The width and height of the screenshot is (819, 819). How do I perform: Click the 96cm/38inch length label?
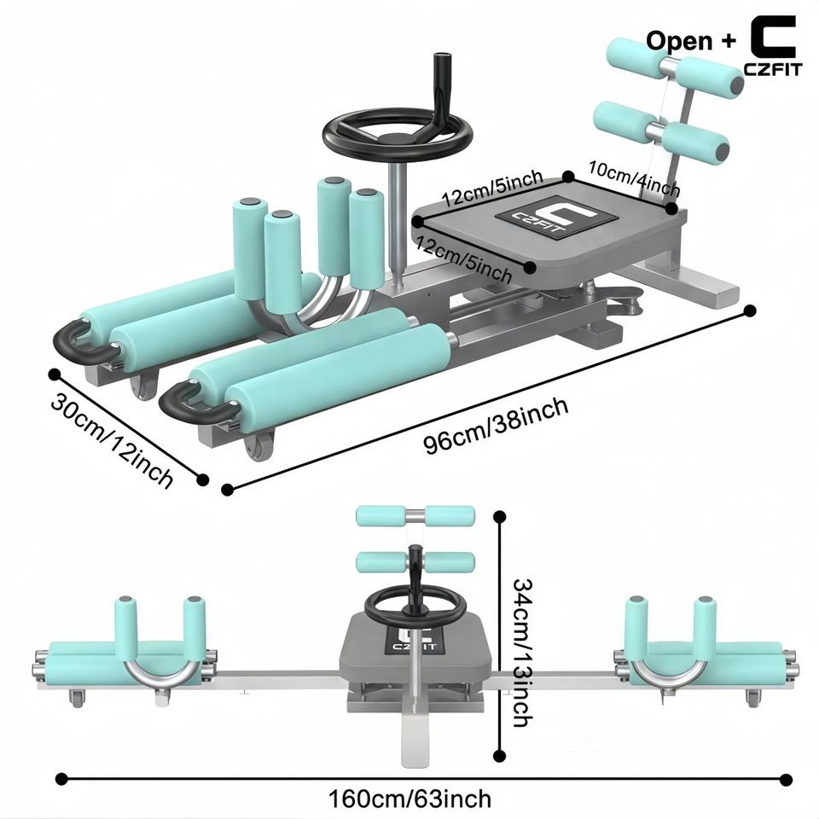click(x=496, y=426)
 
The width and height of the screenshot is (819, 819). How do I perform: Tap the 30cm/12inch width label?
click(x=112, y=440)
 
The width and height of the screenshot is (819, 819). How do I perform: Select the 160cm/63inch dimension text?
click(x=409, y=799)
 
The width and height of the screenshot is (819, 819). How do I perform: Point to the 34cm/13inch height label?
click(x=522, y=652)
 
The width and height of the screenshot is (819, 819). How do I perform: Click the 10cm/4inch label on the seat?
click(x=634, y=177)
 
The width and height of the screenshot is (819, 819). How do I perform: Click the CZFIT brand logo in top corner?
click(x=773, y=45)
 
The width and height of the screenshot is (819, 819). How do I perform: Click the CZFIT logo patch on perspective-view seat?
click(x=555, y=219)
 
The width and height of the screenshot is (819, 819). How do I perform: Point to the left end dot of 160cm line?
click(x=62, y=779)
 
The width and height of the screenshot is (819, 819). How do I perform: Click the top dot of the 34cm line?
click(x=500, y=517)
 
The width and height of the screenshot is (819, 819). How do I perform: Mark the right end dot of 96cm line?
click(x=750, y=311)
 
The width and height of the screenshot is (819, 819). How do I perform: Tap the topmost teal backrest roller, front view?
click(x=415, y=515)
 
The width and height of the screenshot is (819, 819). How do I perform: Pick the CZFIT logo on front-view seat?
click(x=415, y=640)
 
